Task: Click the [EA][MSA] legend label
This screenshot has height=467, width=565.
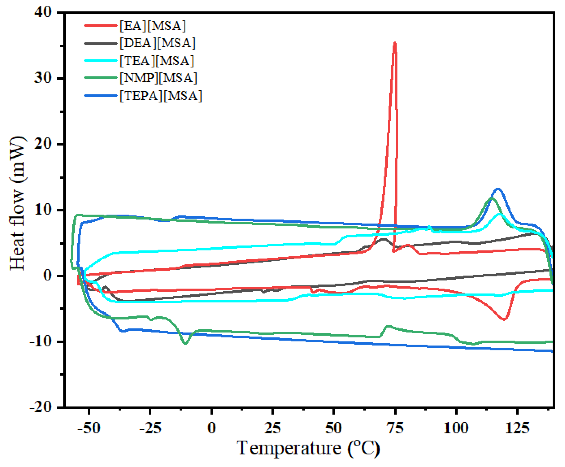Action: (x=153, y=26)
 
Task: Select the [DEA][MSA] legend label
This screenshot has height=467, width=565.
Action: (x=157, y=43)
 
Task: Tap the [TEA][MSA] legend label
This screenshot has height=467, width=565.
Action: (x=157, y=61)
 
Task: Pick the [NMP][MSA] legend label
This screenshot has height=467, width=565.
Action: (x=158, y=78)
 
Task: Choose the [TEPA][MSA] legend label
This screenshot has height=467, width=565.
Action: (x=161, y=96)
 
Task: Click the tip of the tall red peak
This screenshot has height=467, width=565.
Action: (x=395, y=43)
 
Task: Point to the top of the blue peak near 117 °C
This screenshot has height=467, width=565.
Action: (x=498, y=189)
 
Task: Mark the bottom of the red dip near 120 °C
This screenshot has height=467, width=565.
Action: (x=504, y=319)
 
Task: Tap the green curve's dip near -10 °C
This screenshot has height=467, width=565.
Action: (x=186, y=343)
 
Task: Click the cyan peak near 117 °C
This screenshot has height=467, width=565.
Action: (x=499, y=214)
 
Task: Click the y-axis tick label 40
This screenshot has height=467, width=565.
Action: (x=43, y=12)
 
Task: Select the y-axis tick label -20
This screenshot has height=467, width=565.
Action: (x=41, y=408)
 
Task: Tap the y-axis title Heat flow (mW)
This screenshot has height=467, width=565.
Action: (x=18, y=204)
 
